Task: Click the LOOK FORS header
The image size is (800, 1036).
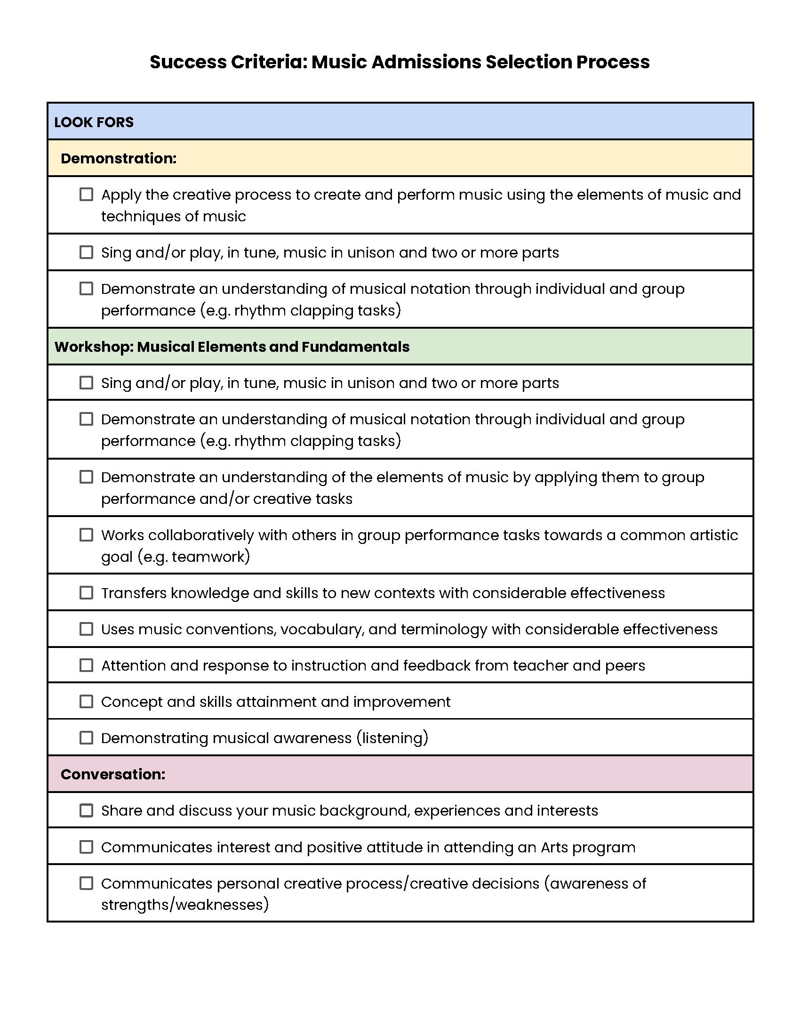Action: point(94,122)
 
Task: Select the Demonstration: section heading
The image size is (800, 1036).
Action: point(119,158)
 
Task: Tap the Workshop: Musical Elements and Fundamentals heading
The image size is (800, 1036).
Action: point(232,347)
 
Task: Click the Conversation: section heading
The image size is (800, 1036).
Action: point(113,774)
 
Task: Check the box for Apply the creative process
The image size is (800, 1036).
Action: point(86,194)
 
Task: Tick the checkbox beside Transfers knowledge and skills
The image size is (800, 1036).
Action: point(86,593)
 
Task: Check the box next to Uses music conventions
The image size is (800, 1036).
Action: point(86,629)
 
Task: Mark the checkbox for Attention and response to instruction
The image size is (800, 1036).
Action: point(86,665)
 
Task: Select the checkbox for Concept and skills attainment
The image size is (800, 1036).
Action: point(86,702)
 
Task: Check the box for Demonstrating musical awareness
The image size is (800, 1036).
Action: point(86,737)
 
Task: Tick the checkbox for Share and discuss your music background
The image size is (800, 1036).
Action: point(86,810)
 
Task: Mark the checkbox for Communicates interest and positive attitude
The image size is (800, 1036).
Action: point(86,847)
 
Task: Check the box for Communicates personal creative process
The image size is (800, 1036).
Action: point(86,883)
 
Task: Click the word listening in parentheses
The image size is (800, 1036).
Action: point(392,738)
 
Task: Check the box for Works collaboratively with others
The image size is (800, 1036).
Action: point(86,535)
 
